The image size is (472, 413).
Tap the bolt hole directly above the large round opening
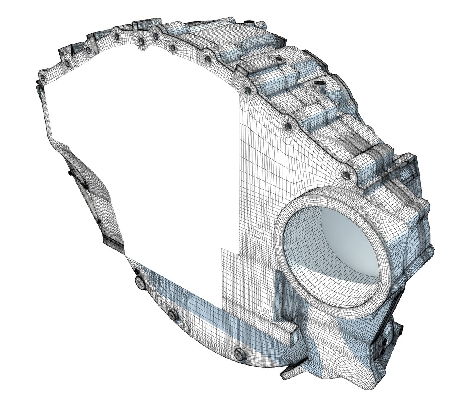point(346,176)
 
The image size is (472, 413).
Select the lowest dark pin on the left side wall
point(99,222)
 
